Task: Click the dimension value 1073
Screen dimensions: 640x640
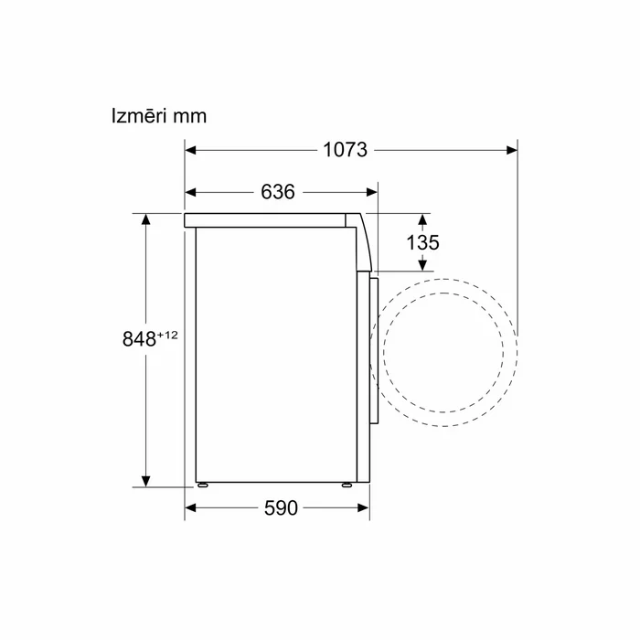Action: click(345, 150)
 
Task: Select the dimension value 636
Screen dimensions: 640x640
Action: click(278, 192)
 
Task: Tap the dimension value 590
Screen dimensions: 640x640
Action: click(281, 508)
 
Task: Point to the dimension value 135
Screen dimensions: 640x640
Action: click(422, 242)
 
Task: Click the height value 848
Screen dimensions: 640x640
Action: click(139, 339)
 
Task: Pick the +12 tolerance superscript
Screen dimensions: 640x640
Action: click(167, 336)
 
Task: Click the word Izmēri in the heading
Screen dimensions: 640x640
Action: click(139, 115)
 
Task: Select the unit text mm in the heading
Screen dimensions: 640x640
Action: click(190, 117)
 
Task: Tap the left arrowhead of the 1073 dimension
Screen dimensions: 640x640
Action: click(190, 150)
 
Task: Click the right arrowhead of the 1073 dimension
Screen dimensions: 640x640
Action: click(512, 150)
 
